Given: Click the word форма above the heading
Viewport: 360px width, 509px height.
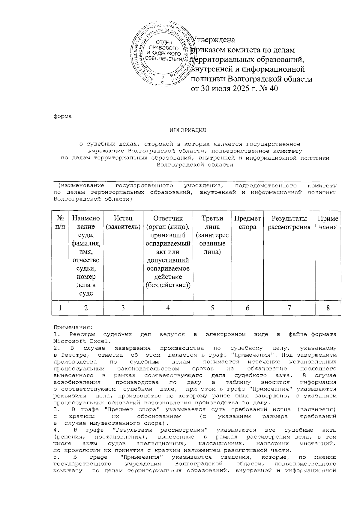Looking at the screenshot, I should click(x=63, y=116).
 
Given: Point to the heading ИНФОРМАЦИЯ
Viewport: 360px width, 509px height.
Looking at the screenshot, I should click(x=188, y=130).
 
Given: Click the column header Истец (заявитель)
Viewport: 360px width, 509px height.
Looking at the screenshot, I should click(x=123, y=223).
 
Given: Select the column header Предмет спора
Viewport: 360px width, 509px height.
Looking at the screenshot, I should click(x=247, y=223).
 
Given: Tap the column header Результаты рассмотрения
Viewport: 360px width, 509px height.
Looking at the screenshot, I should click(x=289, y=223).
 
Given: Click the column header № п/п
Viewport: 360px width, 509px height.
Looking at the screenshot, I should click(x=60, y=223).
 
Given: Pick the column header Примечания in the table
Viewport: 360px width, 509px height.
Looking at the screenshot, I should click(x=328, y=223).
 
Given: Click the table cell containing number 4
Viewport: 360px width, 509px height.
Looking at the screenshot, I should click(x=168, y=308).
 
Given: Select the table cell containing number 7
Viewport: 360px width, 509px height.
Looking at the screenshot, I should click(x=289, y=308).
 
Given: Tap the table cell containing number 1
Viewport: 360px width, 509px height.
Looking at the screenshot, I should click(x=60, y=308).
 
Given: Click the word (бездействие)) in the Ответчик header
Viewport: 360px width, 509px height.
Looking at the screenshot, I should click(x=168, y=285).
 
